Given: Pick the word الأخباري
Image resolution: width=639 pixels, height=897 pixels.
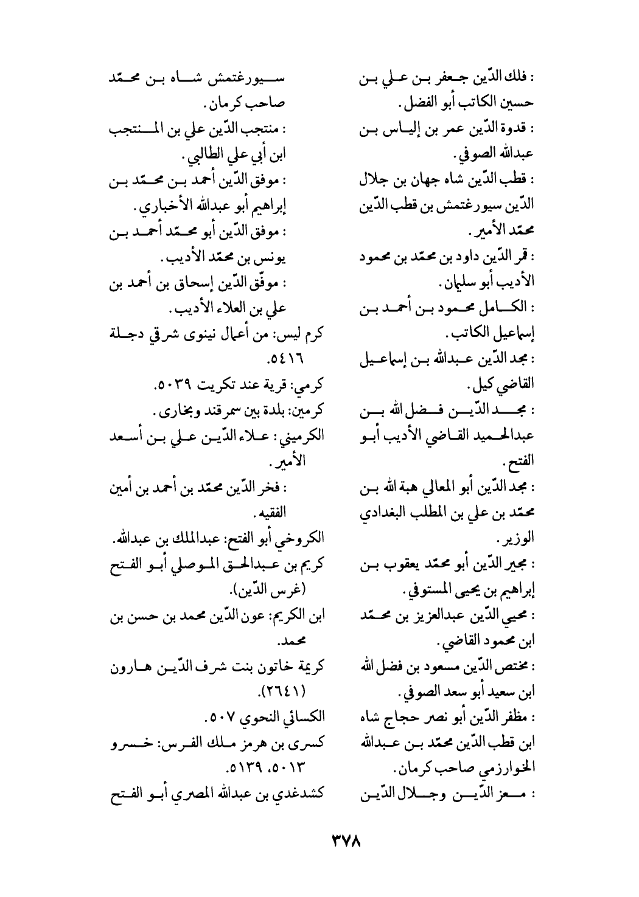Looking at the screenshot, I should (x=167, y=207).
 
